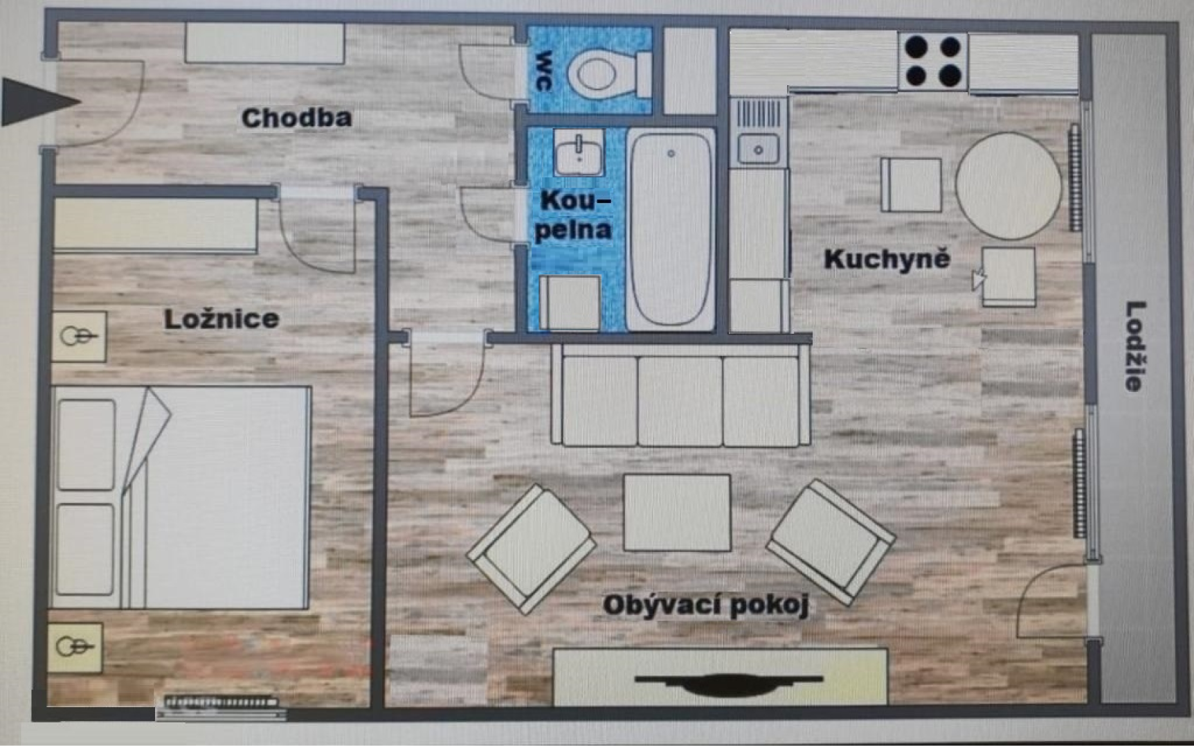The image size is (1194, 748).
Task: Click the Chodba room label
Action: [296, 118]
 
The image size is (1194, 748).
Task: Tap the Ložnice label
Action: [221, 319]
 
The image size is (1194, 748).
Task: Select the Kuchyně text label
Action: [887, 259]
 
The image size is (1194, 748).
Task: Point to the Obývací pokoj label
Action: [705, 605]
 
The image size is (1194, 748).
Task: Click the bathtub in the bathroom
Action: [671, 229]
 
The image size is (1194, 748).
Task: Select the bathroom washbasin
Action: [579, 154]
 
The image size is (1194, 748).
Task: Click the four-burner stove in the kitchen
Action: [933, 61]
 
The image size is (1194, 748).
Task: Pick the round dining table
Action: [1008, 186]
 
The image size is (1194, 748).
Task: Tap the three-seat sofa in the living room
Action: [680, 395]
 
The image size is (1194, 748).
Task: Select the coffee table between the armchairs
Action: [677, 513]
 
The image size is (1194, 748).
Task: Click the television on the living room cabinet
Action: [728, 684]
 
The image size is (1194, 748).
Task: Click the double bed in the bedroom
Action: [181, 498]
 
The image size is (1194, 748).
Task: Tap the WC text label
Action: [544, 71]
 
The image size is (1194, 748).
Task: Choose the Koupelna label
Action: [573, 215]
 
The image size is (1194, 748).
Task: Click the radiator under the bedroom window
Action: [221, 703]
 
